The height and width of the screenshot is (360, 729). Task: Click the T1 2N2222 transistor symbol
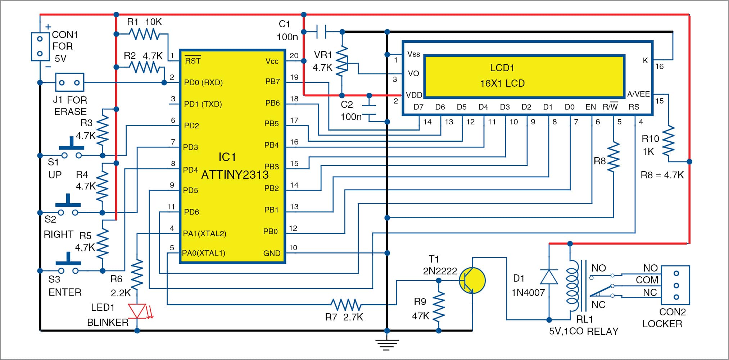tap(472, 281)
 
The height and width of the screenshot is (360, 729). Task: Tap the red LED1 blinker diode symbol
tap(137, 311)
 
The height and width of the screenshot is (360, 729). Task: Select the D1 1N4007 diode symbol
tap(549, 277)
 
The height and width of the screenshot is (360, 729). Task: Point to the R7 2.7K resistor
tap(346, 305)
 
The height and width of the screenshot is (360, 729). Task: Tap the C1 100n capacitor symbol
tap(321, 32)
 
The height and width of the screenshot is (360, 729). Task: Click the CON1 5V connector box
tap(40, 46)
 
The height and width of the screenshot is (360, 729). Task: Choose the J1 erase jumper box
tap(69, 82)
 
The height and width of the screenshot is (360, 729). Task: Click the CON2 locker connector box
tap(676, 285)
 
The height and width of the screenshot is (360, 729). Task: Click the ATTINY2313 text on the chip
tap(235, 175)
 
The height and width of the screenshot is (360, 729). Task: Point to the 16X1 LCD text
tap(502, 83)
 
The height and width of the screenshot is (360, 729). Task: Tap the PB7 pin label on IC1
tap(272, 82)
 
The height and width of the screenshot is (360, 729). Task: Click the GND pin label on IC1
tap(271, 253)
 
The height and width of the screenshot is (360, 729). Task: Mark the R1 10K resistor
tap(144, 34)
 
